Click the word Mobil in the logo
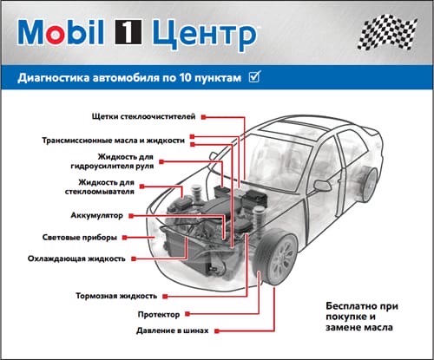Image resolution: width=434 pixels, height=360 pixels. (x=61, y=32)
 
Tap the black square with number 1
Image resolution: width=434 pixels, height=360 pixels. (x=128, y=32)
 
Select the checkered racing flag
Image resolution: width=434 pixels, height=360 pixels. (x=387, y=32)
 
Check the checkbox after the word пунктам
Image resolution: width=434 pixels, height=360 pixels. (x=254, y=77)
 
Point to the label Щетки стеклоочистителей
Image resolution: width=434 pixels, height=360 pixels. (x=143, y=117)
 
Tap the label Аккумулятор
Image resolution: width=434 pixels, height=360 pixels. (x=97, y=215)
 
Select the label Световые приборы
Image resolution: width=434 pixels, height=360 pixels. (x=80, y=238)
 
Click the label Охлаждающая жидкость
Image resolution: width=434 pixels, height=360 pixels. (x=76, y=259)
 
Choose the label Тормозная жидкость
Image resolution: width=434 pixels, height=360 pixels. (x=116, y=296)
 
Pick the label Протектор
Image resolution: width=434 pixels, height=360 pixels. (x=159, y=314)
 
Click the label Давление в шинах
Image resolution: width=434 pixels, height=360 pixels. (x=173, y=331)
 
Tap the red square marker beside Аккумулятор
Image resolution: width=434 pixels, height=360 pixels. (x=131, y=216)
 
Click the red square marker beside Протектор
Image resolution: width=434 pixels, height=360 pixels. (x=187, y=314)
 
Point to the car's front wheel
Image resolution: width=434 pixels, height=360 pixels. (x=275, y=257)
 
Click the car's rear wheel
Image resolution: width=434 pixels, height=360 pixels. (x=369, y=184)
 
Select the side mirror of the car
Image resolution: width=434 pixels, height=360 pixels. (x=322, y=186)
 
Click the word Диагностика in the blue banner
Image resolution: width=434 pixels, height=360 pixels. (x=54, y=78)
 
